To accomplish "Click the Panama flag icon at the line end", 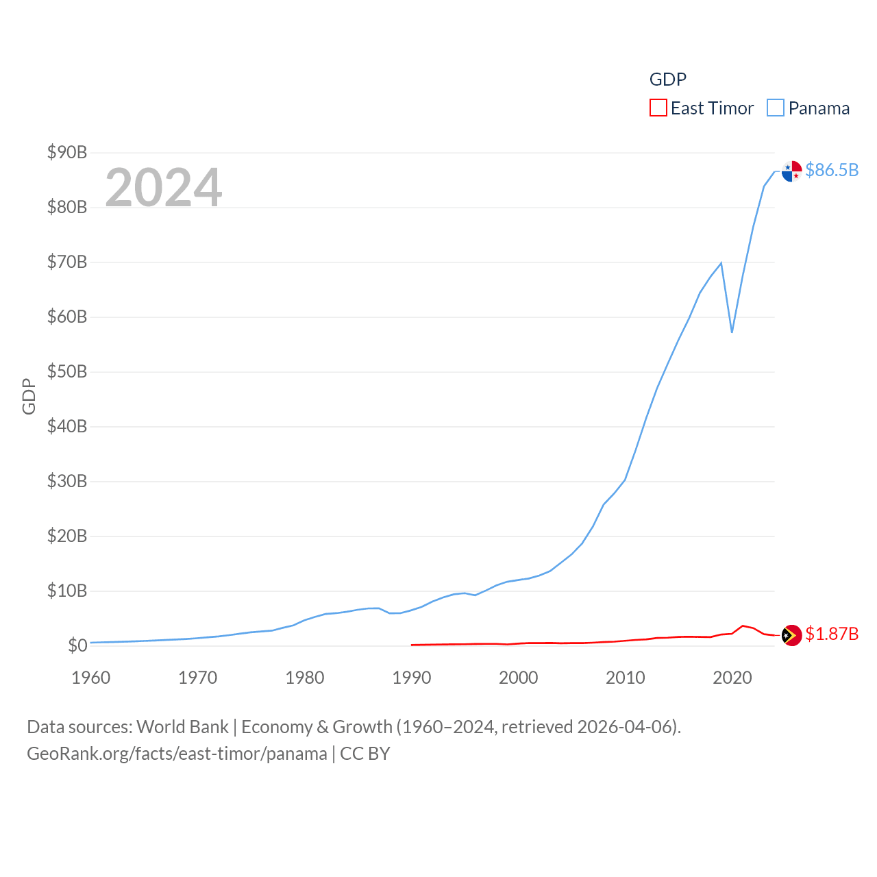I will (x=791, y=171).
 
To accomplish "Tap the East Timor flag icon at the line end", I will (x=791, y=635).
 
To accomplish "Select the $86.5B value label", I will (x=832, y=170).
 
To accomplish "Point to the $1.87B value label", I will (x=832, y=634).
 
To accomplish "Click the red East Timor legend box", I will (x=658, y=108).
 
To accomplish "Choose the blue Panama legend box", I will (x=775, y=108).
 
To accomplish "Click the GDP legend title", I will (x=667, y=79).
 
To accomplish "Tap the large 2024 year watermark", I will (x=163, y=187).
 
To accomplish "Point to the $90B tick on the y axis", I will (x=67, y=152).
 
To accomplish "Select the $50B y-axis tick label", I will (x=67, y=371).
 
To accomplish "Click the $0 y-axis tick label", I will (x=77, y=645).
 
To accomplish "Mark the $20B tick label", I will (x=67, y=536).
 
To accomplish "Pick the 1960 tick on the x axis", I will (x=91, y=678).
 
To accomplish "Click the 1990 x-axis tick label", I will (x=412, y=678).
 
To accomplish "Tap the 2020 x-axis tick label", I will (x=732, y=678).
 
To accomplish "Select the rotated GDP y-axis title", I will (x=29, y=396).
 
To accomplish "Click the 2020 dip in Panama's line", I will (x=732, y=332).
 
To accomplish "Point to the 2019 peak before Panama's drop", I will (x=721, y=263).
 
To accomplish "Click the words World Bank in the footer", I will (x=182, y=726).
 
